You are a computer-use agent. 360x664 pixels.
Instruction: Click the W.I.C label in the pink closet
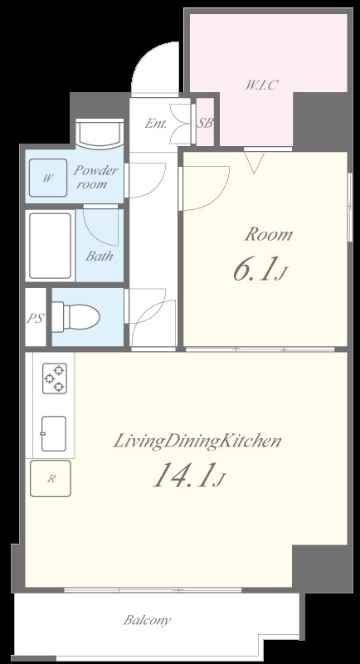[x=261, y=84]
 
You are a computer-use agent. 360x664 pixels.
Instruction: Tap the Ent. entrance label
[x=155, y=124]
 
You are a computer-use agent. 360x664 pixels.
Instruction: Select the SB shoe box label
[x=204, y=124]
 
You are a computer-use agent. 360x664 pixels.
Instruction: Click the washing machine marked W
[x=48, y=178]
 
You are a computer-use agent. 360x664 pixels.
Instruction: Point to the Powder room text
[x=97, y=177]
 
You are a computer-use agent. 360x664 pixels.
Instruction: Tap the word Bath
[x=100, y=256]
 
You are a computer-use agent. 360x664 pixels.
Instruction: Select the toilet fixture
[x=80, y=316]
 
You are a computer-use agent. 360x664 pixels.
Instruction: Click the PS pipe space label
[x=35, y=317]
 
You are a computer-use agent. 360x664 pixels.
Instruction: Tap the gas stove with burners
[x=54, y=378]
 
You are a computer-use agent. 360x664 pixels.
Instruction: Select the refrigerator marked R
[x=51, y=478]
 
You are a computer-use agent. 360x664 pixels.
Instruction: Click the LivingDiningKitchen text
[x=197, y=440]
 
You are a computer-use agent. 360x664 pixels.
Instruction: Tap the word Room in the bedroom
[x=267, y=235]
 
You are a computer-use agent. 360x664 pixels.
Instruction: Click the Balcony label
[x=148, y=620]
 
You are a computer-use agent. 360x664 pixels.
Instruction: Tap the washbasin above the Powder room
[x=98, y=133]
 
